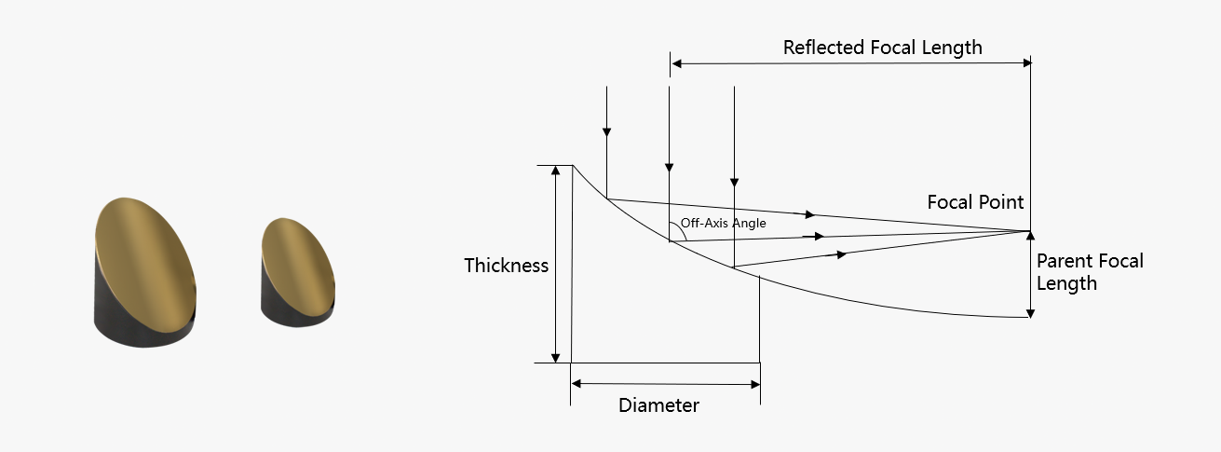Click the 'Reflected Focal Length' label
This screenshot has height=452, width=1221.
pyautogui.click(x=883, y=48)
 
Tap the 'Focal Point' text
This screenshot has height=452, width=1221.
pyautogui.click(x=975, y=202)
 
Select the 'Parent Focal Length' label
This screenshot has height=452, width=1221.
pyautogui.click(x=1090, y=272)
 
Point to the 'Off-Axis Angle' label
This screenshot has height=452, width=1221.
pyautogui.click(x=723, y=223)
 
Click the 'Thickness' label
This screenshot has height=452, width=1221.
pyautogui.click(x=506, y=266)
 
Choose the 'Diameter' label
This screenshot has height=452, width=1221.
pyautogui.click(x=658, y=405)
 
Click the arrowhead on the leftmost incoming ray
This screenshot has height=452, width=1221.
pyautogui.click(x=606, y=132)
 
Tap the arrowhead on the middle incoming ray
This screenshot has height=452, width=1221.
pyautogui.click(x=670, y=168)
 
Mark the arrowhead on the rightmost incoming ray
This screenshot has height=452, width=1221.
pyautogui.click(x=734, y=183)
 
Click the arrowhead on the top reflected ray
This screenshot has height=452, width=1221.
pyautogui.click(x=810, y=215)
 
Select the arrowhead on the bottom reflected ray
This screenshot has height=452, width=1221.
pyautogui.click(x=842, y=254)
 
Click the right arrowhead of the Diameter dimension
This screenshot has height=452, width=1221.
pyautogui.click(x=755, y=384)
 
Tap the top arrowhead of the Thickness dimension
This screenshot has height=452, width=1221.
pyautogui.click(x=555, y=171)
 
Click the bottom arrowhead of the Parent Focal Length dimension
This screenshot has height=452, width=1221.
pyautogui.click(x=1030, y=313)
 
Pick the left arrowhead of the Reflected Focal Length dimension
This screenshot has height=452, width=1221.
pyautogui.click(x=676, y=63)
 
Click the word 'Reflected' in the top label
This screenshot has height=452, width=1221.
pyautogui.click(x=823, y=48)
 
